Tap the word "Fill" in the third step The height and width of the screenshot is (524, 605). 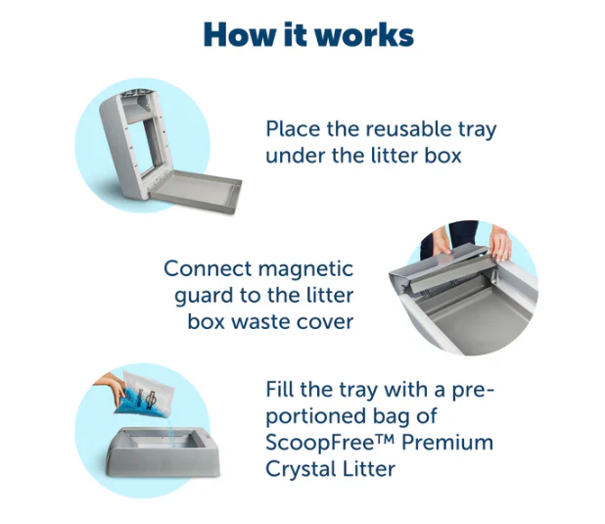(280, 389)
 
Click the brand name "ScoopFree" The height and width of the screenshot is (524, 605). (320, 442)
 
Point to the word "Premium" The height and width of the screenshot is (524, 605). (447, 442)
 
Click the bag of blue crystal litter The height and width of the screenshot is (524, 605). (147, 395)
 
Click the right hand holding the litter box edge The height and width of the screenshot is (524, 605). (500, 242)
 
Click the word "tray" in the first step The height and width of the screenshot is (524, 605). (478, 130)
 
